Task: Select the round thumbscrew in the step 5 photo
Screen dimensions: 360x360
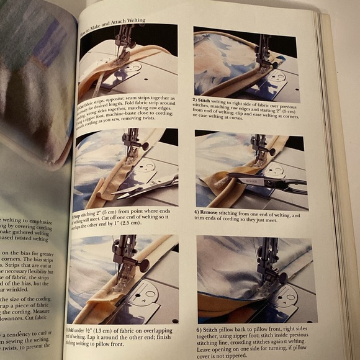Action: coord(143,265)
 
